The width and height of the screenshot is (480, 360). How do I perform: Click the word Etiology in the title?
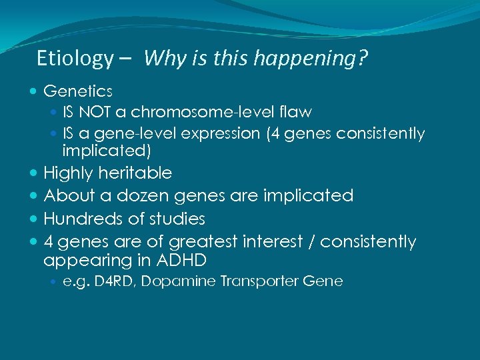[75, 59]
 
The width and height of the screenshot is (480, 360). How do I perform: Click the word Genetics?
[77, 91]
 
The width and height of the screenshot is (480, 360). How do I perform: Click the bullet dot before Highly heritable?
[34, 173]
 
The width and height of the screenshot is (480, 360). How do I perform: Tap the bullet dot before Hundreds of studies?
[34, 219]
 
